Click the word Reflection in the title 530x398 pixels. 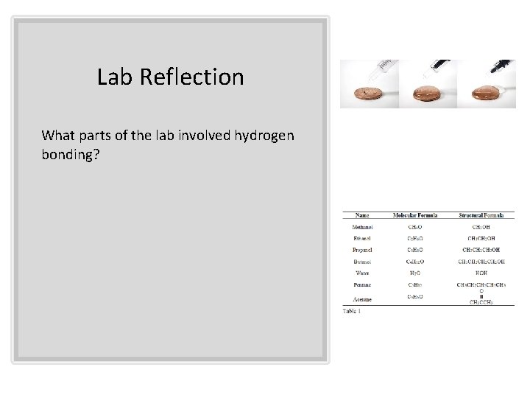pyautogui.click(x=197, y=77)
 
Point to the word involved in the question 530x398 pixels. pyautogui.click(x=199, y=135)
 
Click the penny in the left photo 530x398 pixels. pyautogui.click(x=369, y=94)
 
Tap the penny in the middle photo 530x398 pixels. pyautogui.click(x=428, y=94)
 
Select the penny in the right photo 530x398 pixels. pyautogui.click(x=486, y=94)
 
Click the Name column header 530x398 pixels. pyautogui.click(x=362, y=215)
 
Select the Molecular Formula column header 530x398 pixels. pyautogui.click(x=415, y=215)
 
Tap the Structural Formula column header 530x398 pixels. pyautogui.click(x=481, y=215)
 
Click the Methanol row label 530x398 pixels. pyautogui.click(x=362, y=228)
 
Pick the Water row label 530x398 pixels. pyautogui.click(x=362, y=272)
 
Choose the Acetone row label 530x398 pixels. pyautogui.click(x=362, y=299)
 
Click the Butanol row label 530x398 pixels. pyautogui.click(x=362, y=261)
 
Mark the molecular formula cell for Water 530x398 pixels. pyautogui.click(x=415, y=272)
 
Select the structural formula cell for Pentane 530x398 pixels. pyautogui.click(x=481, y=284)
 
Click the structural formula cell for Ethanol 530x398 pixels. pyautogui.click(x=481, y=239)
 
